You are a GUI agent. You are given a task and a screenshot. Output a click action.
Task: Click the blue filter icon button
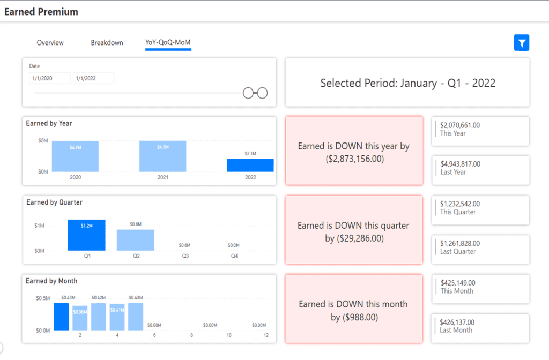(521, 43)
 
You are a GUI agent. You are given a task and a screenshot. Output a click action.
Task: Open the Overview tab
(50, 43)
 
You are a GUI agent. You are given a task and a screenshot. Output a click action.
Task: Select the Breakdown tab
(107, 43)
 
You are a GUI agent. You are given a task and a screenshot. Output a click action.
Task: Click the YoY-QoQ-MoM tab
(168, 42)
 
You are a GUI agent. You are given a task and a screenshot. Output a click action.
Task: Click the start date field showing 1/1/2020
(50, 78)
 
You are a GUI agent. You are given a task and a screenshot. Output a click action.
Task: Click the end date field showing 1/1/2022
(93, 78)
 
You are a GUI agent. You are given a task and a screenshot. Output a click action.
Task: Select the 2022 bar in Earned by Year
(250, 165)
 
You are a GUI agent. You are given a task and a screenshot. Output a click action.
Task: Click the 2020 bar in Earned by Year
(75, 156)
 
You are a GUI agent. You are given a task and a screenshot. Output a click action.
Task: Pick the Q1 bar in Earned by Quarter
(86, 235)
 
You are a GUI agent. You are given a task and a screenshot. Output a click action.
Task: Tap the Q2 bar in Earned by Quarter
(136, 240)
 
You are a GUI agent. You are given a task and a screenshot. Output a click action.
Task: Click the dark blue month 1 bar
(61, 317)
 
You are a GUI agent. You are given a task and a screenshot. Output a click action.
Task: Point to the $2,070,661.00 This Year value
(460, 125)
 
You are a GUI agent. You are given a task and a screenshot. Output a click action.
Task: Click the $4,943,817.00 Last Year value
(461, 164)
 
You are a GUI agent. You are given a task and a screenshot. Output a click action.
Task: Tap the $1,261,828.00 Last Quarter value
(460, 244)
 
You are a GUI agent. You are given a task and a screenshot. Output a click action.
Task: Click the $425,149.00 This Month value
(458, 283)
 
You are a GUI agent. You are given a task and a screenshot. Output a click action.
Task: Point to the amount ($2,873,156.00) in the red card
(355, 159)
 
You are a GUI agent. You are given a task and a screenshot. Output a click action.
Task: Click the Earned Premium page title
(41, 12)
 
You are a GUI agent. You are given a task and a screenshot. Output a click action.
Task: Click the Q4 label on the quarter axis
(234, 256)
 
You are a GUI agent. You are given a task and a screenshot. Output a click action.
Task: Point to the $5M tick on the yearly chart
(43, 141)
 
